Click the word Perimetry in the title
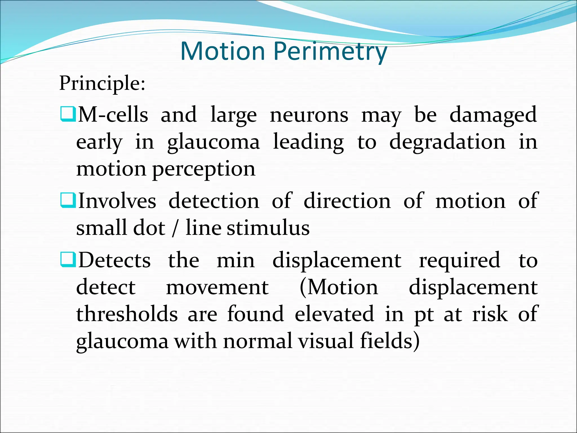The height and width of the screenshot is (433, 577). pyautogui.click(x=330, y=52)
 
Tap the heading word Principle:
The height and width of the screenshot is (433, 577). pyautogui.click(x=102, y=83)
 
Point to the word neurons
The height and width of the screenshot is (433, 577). pyautogui.click(x=309, y=115)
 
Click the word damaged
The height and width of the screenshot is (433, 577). pyautogui.click(x=493, y=115)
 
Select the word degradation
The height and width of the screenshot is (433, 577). pyautogui.click(x=447, y=142)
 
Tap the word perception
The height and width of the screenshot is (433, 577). pyautogui.click(x=204, y=169)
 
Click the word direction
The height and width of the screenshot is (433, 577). pyautogui.click(x=347, y=201)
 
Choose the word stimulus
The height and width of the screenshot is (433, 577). pyautogui.click(x=268, y=228)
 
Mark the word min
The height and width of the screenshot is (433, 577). pyautogui.click(x=236, y=260)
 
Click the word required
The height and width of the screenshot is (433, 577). pyautogui.click(x=460, y=260)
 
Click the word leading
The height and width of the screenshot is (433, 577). pyautogui.click(x=309, y=142)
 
